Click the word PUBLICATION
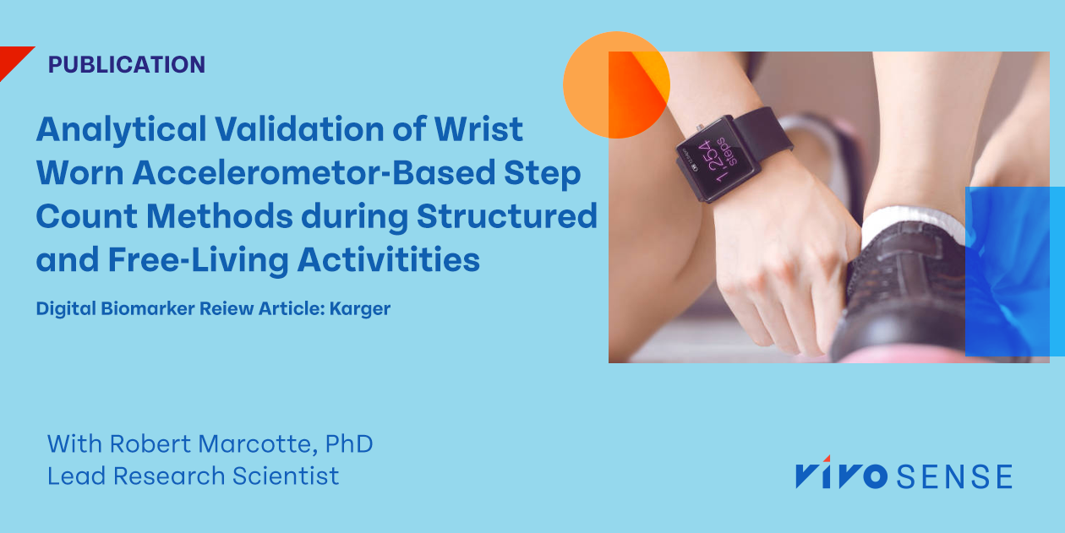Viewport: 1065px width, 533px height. click(127, 64)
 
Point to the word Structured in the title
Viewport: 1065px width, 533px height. click(506, 216)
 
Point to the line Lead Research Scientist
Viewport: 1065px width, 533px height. click(193, 476)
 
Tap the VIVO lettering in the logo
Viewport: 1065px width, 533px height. click(841, 476)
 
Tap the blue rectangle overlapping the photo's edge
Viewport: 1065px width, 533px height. click(1014, 270)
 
